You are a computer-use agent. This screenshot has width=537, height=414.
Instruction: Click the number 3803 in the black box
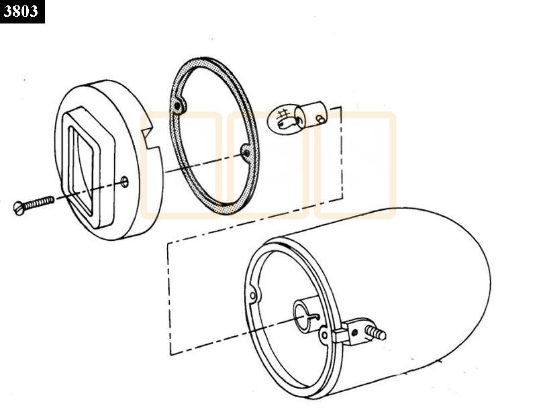point(21,11)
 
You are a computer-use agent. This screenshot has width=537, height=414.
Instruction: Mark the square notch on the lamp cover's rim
point(150,134)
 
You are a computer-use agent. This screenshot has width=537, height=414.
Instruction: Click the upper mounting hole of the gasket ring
point(177,106)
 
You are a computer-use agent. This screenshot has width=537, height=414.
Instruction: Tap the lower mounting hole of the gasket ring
point(246,152)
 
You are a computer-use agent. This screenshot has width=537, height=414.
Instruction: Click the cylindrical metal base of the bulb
point(314,114)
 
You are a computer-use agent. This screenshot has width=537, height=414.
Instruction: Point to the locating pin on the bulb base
point(321,119)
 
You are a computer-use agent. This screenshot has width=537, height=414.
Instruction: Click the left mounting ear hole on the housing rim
point(253,295)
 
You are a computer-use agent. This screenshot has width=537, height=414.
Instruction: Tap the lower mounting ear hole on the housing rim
point(324,334)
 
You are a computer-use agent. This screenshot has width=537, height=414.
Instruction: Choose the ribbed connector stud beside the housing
point(376,332)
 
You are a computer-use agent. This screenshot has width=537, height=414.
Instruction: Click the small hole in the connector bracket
point(355,332)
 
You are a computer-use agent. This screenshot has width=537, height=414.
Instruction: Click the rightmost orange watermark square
point(355,165)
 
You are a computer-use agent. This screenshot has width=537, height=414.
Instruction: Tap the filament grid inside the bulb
point(283,113)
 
